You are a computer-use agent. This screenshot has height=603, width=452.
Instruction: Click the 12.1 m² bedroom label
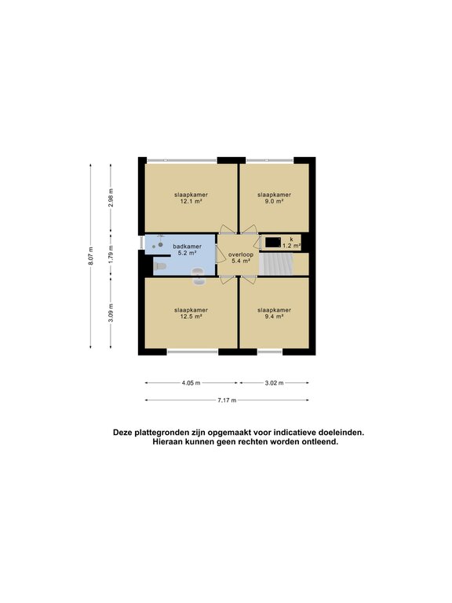click(191, 198)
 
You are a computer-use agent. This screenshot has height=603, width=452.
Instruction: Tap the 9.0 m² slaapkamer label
click(275, 198)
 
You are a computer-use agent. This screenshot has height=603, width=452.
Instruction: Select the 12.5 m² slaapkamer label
click(191, 313)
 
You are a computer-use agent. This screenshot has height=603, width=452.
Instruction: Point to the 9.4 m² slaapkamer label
click(275, 313)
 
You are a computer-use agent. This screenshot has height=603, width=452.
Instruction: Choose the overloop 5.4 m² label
click(239, 258)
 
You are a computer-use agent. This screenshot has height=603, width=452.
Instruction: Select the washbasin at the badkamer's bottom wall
click(197, 272)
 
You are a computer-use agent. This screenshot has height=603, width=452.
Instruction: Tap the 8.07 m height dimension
click(91, 256)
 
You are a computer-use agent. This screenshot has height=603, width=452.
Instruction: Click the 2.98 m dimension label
click(111, 196)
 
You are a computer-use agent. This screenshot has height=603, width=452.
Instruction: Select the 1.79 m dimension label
click(111, 255)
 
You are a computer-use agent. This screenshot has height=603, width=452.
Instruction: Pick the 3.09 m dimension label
click(111, 312)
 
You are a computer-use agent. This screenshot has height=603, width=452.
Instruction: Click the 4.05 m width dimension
click(191, 383)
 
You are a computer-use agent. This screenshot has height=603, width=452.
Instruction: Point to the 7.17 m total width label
click(226, 400)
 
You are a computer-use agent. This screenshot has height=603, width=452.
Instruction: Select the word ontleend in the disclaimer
click(319, 442)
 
